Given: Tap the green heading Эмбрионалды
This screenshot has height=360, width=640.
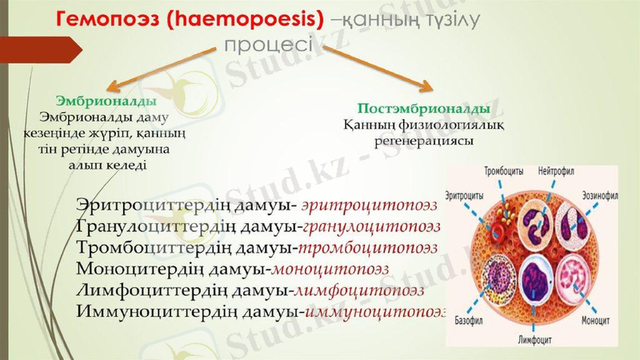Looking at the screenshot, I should point(106,102).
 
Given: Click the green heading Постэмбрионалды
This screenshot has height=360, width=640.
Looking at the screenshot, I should point(424,108).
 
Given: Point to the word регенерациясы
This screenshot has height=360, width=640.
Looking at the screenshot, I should point(425,140).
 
